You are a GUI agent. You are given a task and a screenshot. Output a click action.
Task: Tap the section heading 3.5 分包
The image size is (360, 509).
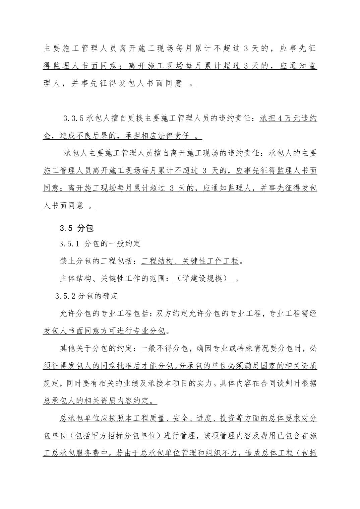[76, 228]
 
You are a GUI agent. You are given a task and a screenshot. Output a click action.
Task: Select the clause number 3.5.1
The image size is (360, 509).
[69, 244]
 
